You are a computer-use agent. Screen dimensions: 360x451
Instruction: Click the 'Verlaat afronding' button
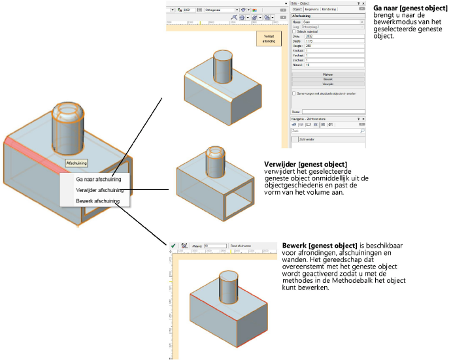tap(269, 39)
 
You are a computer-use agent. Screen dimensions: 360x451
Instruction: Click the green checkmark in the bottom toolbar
tap(173, 246)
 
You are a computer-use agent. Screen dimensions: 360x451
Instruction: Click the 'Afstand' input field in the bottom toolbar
tap(215, 246)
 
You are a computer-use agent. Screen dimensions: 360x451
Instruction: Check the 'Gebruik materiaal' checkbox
tap(293, 31)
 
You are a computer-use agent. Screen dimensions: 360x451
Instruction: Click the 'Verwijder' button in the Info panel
tap(327, 84)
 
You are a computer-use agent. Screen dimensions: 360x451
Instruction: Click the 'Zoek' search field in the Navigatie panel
tap(324, 131)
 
